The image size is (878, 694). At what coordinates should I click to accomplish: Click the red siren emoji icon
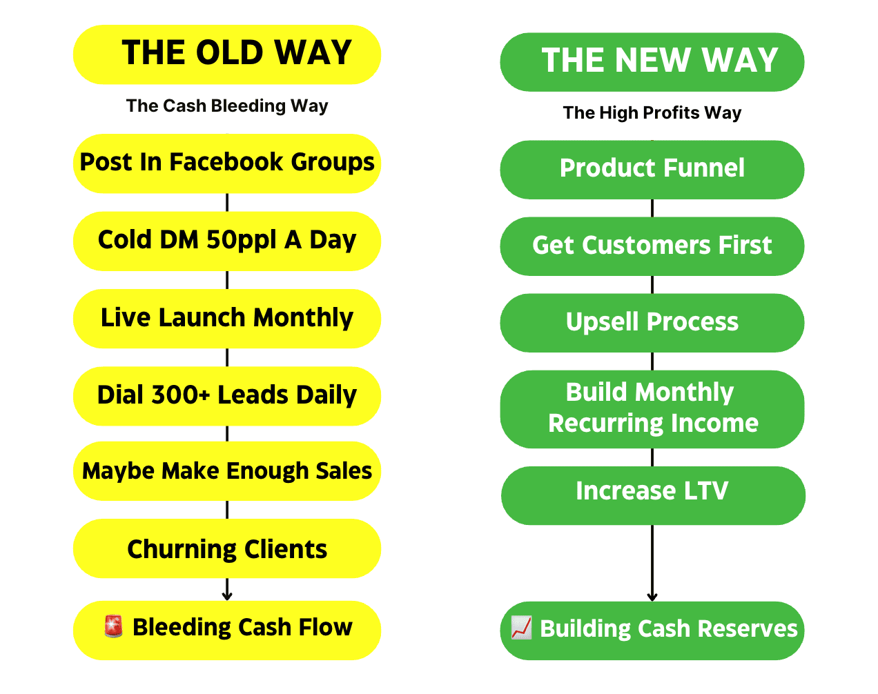[x=113, y=626]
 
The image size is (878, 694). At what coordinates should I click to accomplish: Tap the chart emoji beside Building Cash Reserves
[x=521, y=628]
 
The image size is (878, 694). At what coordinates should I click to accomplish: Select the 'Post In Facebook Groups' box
[x=227, y=163]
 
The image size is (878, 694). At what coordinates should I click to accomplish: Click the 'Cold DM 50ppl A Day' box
[x=227, y=241]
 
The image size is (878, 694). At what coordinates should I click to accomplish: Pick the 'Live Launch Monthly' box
[x=227, y=319]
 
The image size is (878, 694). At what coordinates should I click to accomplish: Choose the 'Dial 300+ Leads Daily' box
[x=227, y=397]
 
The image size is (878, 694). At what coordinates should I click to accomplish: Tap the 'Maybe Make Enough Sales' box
[x=227, y=471]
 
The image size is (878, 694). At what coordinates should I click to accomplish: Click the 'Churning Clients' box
[x=227, y=549]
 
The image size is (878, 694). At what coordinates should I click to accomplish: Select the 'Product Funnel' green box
[x=652, y=170]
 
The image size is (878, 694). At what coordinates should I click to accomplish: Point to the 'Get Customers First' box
[x=652, y=246]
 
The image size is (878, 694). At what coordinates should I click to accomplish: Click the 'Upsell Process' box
[x=652, y=323]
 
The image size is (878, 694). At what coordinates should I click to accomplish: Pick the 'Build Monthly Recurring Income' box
[x=652, y=409]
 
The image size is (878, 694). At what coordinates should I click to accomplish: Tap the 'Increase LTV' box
[x=653, y=496]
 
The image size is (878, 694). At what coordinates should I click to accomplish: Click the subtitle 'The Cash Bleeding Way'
[x=227, y=106]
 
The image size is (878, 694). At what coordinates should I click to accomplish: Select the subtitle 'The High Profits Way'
[x=652, y=113]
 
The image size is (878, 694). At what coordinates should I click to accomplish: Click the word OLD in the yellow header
[x=229, y=52]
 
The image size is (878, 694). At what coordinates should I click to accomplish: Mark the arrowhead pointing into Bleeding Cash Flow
[x=227, y=596]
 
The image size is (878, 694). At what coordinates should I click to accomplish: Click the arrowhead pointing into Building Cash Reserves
[x=652, y=597]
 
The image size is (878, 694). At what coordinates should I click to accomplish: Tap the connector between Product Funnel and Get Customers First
[x=652, y=208]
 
